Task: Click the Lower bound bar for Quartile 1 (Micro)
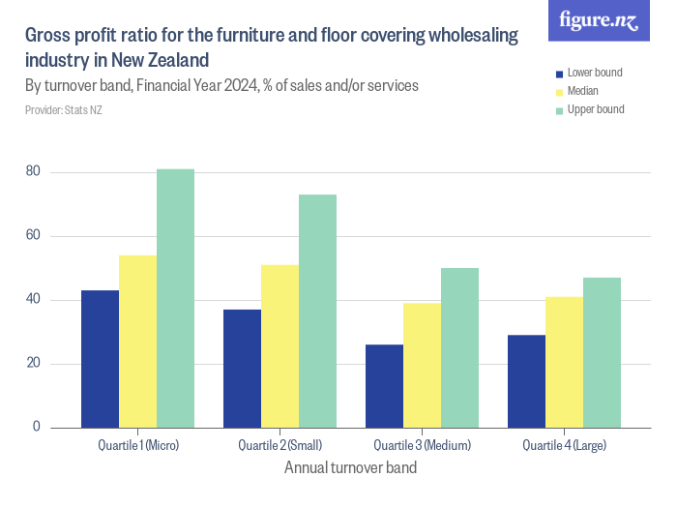100,359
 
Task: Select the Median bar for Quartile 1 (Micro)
137,342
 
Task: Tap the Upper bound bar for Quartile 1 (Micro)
175,298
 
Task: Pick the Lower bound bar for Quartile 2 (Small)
242,369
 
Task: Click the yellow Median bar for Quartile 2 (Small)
280,346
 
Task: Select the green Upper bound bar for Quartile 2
317,311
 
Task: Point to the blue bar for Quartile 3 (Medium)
384,386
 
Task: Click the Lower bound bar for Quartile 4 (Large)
526,381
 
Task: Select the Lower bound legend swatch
558,74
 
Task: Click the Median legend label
582,91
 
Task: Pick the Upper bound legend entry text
595,109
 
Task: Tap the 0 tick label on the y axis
36,427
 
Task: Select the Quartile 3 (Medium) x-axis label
422,446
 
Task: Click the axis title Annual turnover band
350,468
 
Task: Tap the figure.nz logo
599,21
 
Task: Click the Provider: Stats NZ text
63,110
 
